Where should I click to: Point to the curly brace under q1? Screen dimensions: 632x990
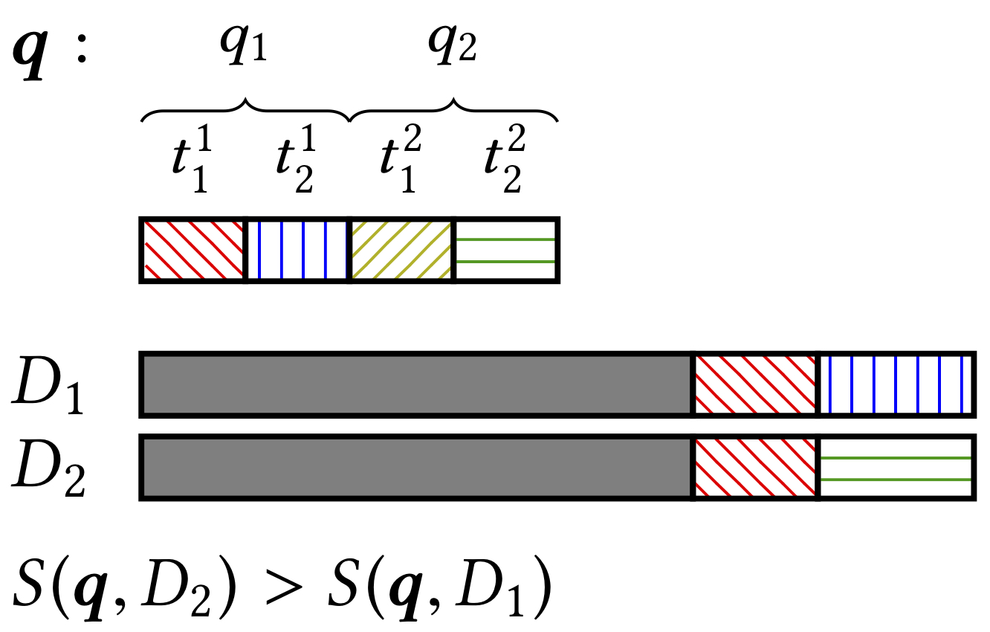click(245, 110)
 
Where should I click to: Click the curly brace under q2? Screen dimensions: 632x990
click(453, 110)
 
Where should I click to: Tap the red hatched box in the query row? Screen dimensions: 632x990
click(193, 250)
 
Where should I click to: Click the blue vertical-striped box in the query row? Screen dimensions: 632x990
click(297, 250)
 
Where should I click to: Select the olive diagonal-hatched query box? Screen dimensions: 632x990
click(401, 250)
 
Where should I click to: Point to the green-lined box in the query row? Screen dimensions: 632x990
click(505, 250)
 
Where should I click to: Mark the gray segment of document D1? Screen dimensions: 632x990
click(416, 384)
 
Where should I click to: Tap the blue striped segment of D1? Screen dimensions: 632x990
click(896, 384)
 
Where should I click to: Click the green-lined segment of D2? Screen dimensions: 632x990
click(896, 468)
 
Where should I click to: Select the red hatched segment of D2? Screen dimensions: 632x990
click(755, 468)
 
